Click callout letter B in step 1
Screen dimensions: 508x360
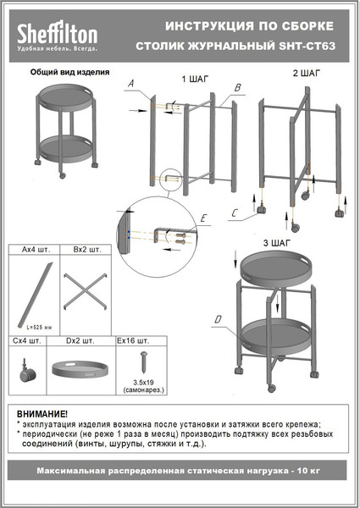238,87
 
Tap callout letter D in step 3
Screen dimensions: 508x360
219,319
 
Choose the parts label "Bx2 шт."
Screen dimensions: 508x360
87,251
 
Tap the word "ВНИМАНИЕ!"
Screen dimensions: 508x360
42,412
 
